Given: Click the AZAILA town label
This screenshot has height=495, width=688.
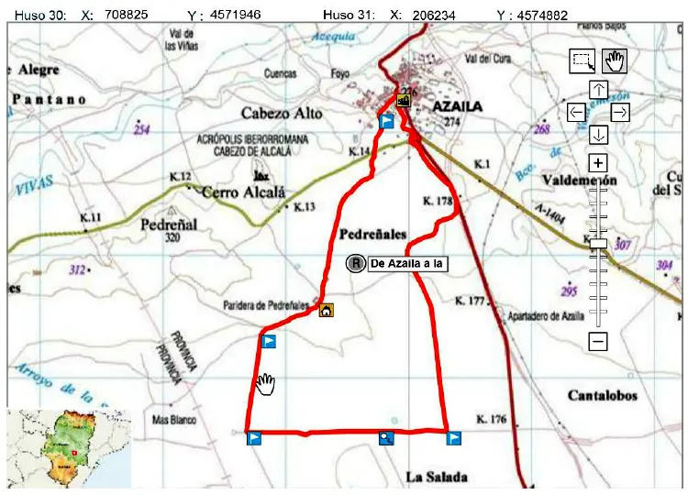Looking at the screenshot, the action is (449, 106).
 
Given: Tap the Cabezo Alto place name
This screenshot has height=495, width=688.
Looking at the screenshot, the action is (282, 113).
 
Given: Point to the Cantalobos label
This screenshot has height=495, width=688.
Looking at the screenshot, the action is (602, 396).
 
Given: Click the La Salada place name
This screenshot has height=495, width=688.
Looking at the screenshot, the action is (437, 477).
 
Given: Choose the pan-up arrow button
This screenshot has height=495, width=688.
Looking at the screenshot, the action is (598, 90).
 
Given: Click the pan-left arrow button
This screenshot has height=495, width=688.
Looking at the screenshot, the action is (576, 112).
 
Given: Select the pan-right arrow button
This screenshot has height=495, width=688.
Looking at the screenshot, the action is (620, 112).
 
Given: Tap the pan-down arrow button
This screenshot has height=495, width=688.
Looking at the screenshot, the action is (598, 135).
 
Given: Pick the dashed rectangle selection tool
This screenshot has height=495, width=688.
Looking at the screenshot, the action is (583, 60).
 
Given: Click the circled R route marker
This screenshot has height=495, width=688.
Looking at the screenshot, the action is (355, 264).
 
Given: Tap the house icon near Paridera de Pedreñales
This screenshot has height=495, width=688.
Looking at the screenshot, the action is (326, 311).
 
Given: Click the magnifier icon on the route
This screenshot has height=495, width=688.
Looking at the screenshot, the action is (387, 438).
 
